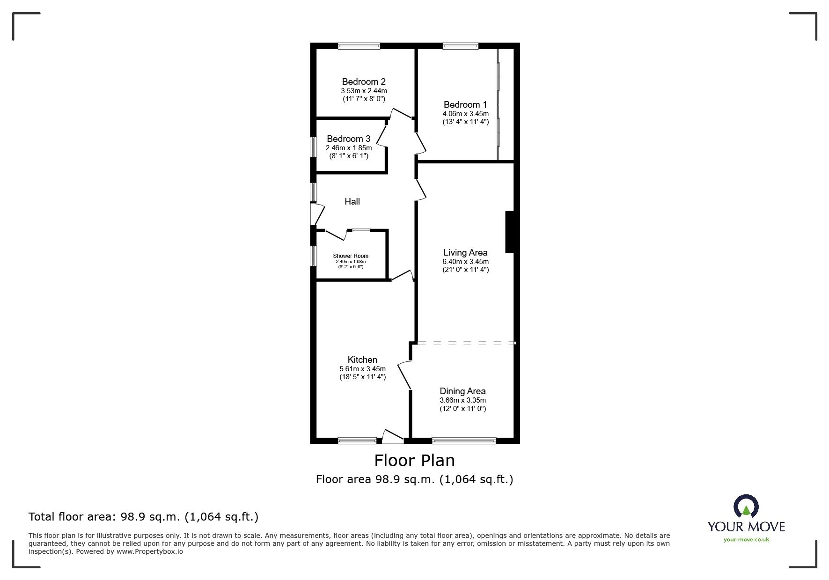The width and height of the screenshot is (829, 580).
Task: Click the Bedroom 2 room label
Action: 363,82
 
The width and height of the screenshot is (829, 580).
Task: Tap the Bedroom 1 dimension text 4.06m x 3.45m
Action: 465,114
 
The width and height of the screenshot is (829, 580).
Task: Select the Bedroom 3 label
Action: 348,139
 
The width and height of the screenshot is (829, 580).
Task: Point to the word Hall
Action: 352,202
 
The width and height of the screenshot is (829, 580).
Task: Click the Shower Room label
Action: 351,256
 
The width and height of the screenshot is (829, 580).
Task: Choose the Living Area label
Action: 465,253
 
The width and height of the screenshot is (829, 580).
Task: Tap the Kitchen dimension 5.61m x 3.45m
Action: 362,369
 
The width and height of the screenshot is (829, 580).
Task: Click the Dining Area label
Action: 462,391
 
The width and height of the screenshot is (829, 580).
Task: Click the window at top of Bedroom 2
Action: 359,46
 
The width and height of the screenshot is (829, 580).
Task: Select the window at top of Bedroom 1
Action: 460,46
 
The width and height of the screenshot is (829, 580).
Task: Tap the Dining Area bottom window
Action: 463,441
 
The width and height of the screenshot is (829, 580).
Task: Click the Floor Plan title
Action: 414,461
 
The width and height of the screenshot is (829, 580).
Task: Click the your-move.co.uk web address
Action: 746,540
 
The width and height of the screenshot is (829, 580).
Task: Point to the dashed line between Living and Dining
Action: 465,344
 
